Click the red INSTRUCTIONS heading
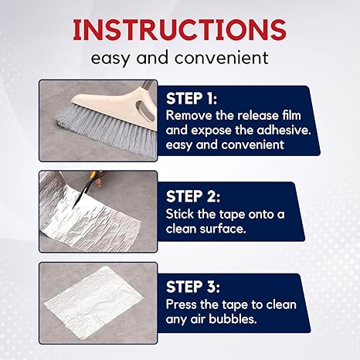(x=179, y=29)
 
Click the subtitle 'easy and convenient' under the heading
(x=179, y=57)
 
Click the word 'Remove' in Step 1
(x=187, y=115)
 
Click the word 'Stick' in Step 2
(x=181, y=214)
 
